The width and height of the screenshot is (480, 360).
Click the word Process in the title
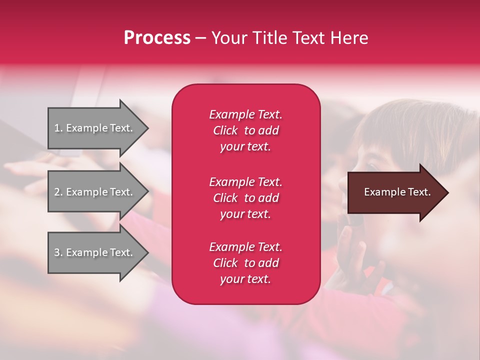pos(157,38)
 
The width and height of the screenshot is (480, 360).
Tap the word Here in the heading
pos(349,38)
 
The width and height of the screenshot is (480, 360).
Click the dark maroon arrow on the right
pos(395,192)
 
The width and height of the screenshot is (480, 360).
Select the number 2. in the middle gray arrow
pos(58,192)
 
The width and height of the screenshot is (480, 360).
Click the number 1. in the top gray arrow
pos(58,128)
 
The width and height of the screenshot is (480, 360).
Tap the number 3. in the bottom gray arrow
pos(58,252)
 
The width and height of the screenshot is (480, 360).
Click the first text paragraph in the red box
pos(245,130)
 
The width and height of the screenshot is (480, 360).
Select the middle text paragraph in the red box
pos(245,198)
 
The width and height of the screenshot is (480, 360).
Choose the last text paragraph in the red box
pos(245,263)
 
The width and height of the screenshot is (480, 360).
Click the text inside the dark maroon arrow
pos(397,192)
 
